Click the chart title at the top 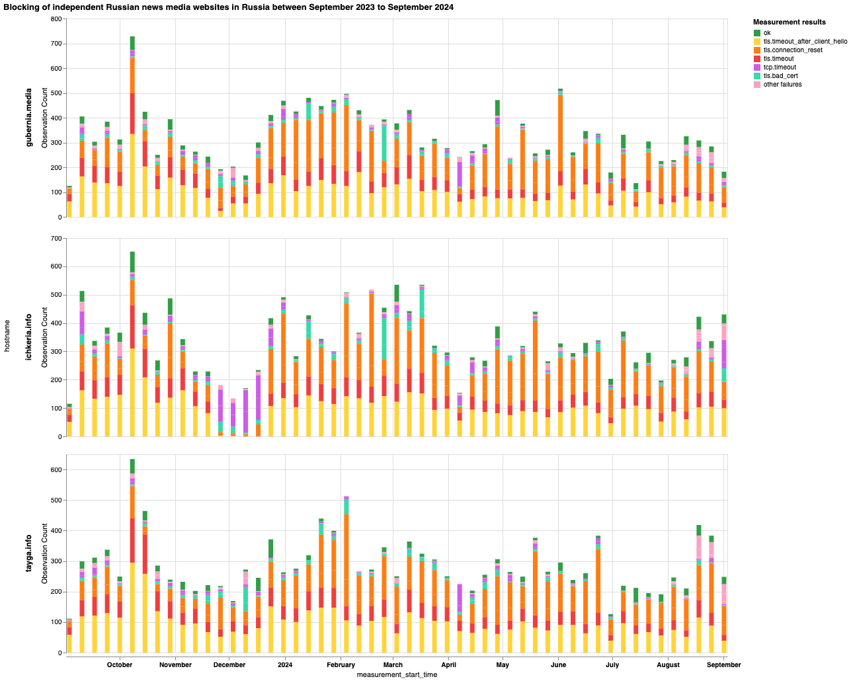tap(228, 7)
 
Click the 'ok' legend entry tap(767, 33)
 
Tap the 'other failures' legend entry tap(782, 85)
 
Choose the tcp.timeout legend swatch tap(757, 67)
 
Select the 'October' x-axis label tap(120, 664)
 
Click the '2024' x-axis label tap(285, 664)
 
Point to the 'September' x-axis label tap(724, 664)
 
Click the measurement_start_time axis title tap(397, 675)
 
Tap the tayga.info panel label tap(30, 554)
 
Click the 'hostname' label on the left tap(7, 337)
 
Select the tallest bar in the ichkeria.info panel tap(132, 344)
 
